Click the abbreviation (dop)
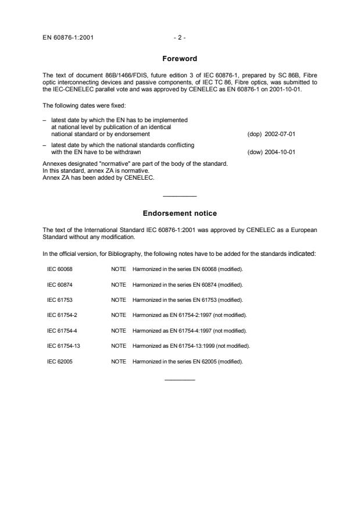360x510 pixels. (x=255, y=134)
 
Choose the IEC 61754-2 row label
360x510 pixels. (x=62, y=315)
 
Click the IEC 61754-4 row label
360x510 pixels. (x=62, y=330)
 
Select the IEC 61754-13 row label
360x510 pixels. (x=63, y=345)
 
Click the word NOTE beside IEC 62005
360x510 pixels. (x=118, y=361)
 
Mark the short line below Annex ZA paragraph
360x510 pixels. (x=180, y=196)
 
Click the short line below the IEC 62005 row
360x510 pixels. (x=180, y=380)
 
